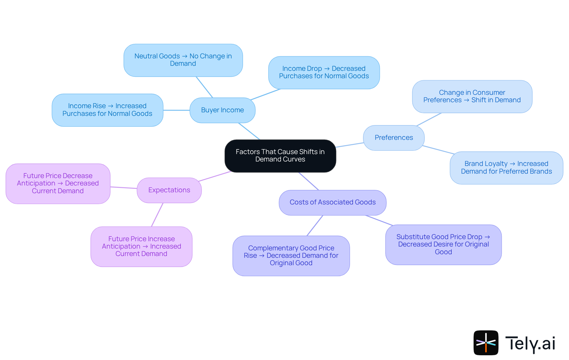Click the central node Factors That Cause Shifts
[280, 156]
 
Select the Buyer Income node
[222, 110]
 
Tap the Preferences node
[394, 138]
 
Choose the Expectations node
[169, 190]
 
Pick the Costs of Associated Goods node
[333, 202]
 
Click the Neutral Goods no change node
[183, 60]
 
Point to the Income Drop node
[324, 73]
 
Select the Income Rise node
[107, 110]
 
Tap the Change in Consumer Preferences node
[472, 97]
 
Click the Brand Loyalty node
[506, 168]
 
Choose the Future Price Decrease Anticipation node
[58, 183]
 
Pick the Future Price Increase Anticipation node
[141, 247]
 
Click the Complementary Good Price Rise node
[291, 256]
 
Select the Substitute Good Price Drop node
[443, 244]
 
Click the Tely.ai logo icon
[486, 343]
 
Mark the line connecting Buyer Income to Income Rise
[176, 110]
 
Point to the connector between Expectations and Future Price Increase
[157, 215]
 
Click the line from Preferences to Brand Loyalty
[438, 150]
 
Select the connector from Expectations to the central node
[215, 176]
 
